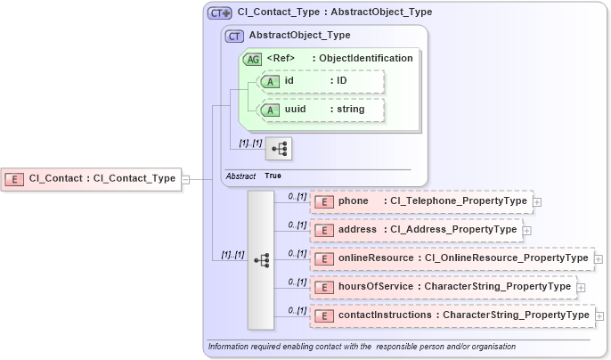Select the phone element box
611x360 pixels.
420,201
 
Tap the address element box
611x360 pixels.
415,230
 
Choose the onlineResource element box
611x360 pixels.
452,258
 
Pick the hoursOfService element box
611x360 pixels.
443,287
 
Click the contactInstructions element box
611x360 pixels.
452,315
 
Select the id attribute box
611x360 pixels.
320,81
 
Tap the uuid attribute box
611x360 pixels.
320,110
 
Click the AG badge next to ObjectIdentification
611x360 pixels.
252,59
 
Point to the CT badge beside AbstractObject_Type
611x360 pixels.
235,37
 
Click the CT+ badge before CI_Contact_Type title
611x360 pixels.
219,12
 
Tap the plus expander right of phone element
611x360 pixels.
537,202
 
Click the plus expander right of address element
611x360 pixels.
526,231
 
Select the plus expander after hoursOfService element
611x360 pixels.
581,288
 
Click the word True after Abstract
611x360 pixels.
273,176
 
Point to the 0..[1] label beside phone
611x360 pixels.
297,196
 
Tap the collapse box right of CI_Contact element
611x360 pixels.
185,179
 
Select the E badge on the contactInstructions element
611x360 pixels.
325,315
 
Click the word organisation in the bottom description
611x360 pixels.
492,347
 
